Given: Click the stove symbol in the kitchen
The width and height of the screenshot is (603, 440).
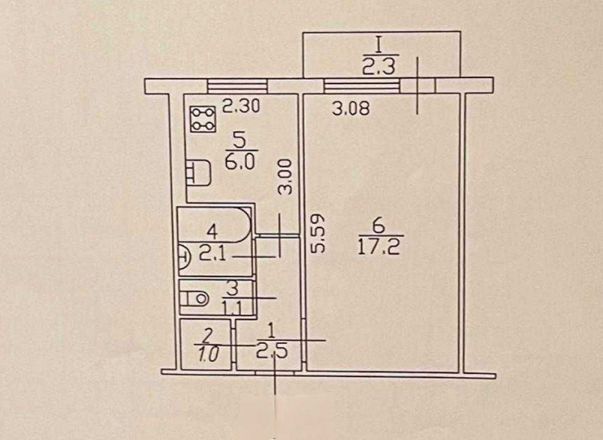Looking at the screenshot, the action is tap(203, 119).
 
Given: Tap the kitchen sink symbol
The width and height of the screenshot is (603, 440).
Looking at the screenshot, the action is tap(198, 173).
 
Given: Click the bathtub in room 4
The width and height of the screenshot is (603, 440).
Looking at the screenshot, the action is tap(214, 225).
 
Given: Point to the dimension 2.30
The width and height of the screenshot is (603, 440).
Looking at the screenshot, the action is tap(242, 105).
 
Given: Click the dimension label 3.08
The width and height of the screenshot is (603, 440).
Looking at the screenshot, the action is tap(351, 109).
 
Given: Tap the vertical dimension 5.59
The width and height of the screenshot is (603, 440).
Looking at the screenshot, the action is tap(318, 234).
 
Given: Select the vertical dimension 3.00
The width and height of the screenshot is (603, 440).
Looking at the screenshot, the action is tap(286, 178).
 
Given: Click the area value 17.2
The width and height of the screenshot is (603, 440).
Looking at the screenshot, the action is tap(379, 247).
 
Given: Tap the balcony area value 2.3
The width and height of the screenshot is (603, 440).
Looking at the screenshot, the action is tap(378, 67).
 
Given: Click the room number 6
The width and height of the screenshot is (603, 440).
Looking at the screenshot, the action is tap(379, 226).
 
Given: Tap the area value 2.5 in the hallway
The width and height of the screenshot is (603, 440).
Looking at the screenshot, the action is tap(272, 351).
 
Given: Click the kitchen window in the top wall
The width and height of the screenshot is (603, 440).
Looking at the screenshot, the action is tap(237, 86).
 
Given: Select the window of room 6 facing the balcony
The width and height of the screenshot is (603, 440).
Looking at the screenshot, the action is tap(362, 86).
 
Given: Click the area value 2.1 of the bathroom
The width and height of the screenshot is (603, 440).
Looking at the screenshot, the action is tap(213, 254).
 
